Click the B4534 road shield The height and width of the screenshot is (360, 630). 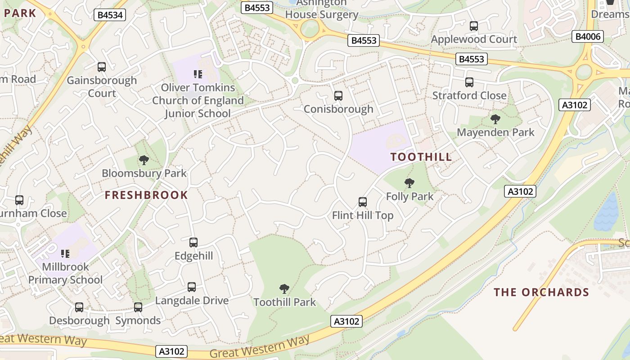[x=110, y=15]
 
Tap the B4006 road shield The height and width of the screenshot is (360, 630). [x=587, y=36]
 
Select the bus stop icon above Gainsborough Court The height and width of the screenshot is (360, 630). [x=102, y=67]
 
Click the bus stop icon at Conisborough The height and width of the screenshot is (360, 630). [x=338, y=96]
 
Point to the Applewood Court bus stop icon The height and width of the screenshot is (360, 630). [x=474, y=26]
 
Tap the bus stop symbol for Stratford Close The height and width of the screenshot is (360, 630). [x=469, y=82]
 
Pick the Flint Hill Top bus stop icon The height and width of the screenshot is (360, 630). [x=363, y=202]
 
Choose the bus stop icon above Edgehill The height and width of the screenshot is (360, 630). [x=193, y=243]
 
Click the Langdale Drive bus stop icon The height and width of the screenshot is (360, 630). [x=192, y=287]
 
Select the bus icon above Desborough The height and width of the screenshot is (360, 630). [x=79, y=307]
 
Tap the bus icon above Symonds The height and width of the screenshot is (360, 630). [x=138, y=307]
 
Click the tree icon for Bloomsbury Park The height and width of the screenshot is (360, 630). [x=144, y=160]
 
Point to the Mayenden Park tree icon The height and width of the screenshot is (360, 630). [x=495, y=119]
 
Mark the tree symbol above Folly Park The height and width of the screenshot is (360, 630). [x=409, y=183]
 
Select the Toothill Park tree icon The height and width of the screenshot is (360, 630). [x=284, y=288]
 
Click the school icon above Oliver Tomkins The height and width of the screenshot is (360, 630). [x=198, y=74]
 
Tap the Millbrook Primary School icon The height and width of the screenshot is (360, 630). [x=66, y=254]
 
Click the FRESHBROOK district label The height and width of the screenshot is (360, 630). [x=146, y=195]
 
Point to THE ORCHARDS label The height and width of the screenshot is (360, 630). [x=541, y=292]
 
